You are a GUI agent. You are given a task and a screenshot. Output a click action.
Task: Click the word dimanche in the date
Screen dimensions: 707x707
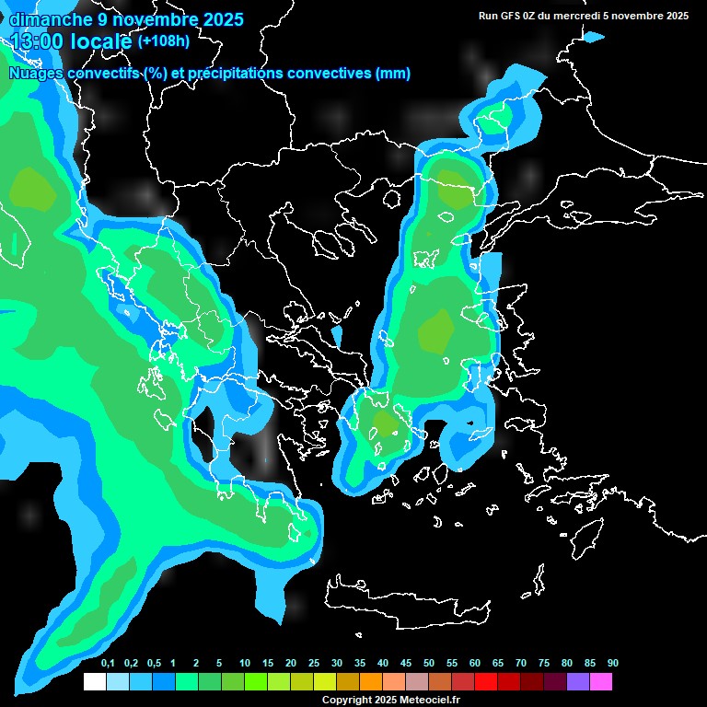tap(51, 19)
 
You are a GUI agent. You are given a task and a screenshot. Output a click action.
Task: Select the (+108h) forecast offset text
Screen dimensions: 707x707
tap(163, 41)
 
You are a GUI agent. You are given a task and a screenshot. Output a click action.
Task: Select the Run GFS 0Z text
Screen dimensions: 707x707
tap(507, 16)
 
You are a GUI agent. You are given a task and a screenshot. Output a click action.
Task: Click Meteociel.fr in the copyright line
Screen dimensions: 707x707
tap(429, 700)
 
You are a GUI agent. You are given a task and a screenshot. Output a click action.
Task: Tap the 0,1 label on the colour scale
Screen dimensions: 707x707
tap(107, 664)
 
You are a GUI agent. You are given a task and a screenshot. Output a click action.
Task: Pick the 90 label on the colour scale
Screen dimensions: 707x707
tap(612, 664)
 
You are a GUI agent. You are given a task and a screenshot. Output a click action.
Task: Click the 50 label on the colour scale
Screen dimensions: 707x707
tap(429, 664)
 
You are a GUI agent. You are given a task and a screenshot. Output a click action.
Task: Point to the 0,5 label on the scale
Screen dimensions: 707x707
tap(153, 664)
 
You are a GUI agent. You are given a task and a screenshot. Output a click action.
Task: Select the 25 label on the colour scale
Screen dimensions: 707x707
tap(314, 664)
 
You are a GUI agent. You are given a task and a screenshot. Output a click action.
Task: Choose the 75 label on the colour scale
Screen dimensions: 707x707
tap(543, 664)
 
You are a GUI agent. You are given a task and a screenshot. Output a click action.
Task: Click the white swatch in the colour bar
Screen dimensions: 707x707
tap(94, 681)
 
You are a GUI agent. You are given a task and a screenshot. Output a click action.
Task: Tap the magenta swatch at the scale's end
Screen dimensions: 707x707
tap(600, 681)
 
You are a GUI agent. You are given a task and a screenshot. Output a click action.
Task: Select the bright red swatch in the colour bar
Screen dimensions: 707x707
tap(485, 681)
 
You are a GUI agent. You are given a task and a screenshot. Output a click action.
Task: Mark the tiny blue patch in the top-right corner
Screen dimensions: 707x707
tap(594, 37)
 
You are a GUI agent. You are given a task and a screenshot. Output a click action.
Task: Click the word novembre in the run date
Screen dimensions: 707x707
tap(638, 16)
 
